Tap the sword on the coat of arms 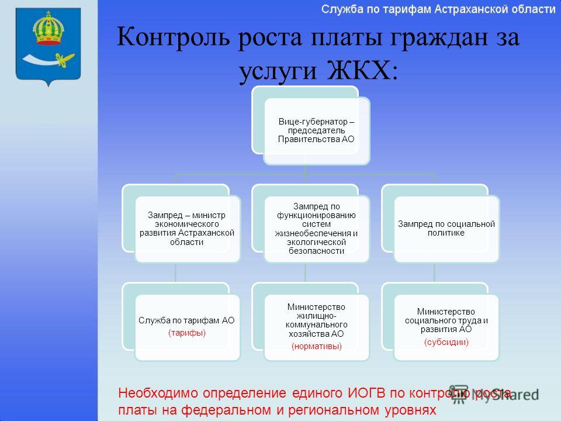pyautogui.click(x=49, y=59)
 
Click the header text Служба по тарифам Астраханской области pyautogui.click(x=438, y=9)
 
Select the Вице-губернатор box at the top pyautogui.click(x=311, y=125)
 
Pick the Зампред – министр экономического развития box pyautogui.click(x=181, y=223)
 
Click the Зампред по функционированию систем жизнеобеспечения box pyautogui.click(x=311, y=223)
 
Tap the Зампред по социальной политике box pyautogui.click(x=441, y=223)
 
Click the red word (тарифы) pyautogui.click(x=187, y=333)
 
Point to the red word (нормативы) pyautogui.click(x=317, y=346)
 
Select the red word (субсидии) pyautogui.click(x=446, y=342)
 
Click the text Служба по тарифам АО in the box pyautogui.click(x=186, y=320)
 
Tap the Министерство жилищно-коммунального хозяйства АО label pyautogui.click(x=317, y=320)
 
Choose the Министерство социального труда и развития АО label pyautogui.click(x=446, y=320)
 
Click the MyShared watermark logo pyautogui.click(x=494, y=394)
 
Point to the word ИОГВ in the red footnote pyautogui.click(x=366, y=393)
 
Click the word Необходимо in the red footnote pyautogui.click(x=158, y=393)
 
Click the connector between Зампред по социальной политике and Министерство pyautogui.click(x=434, y=273)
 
